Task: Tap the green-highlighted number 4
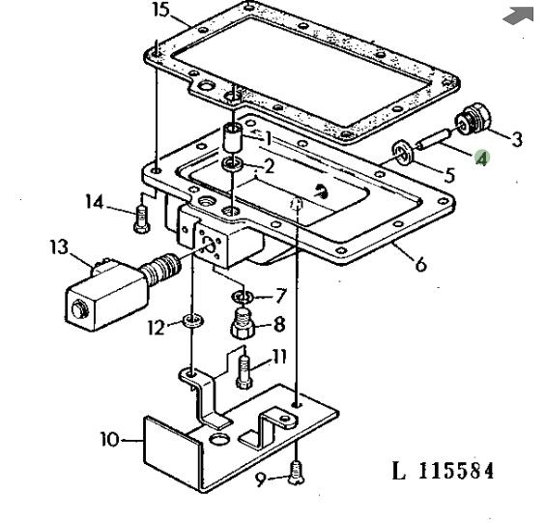483,159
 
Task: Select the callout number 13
59,247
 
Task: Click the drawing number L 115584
443,471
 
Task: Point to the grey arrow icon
519,15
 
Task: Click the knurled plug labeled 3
473,119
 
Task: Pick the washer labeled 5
403,153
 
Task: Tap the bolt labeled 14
141,218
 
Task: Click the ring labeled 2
233,162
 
